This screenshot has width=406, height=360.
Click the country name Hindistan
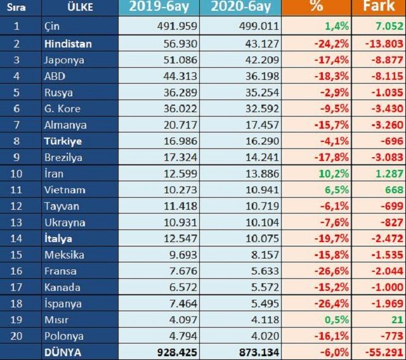(x=69, y=44)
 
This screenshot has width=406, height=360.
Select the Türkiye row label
(x=63, y=141)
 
